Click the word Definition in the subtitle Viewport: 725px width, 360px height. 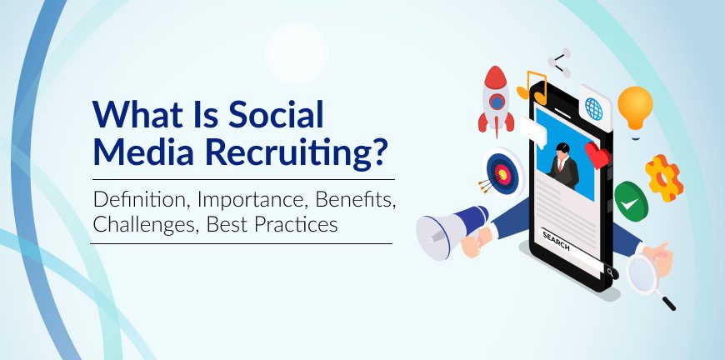pyautogui.click(x=142, y=199)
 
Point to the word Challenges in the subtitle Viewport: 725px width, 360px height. pyautogui.click(x=144, y=224)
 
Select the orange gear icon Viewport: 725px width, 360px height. pyautogui.click(x=664, y=178)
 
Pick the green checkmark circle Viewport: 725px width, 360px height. pyautogui.click(x=631, y=202)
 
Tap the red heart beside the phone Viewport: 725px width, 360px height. pyautogui.click(x=597, y=155)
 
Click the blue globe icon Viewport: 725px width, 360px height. pyautogui.click(x=594, y=109)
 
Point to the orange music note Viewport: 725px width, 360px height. pyautogui.click(x=532, y=87)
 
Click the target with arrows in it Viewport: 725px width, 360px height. pyautogui.click(x=501, y=173)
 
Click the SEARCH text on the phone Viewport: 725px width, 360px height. pyautogui.click(x=556, y=241)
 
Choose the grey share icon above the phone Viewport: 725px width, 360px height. pyautogui.click(x=559, y=62)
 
